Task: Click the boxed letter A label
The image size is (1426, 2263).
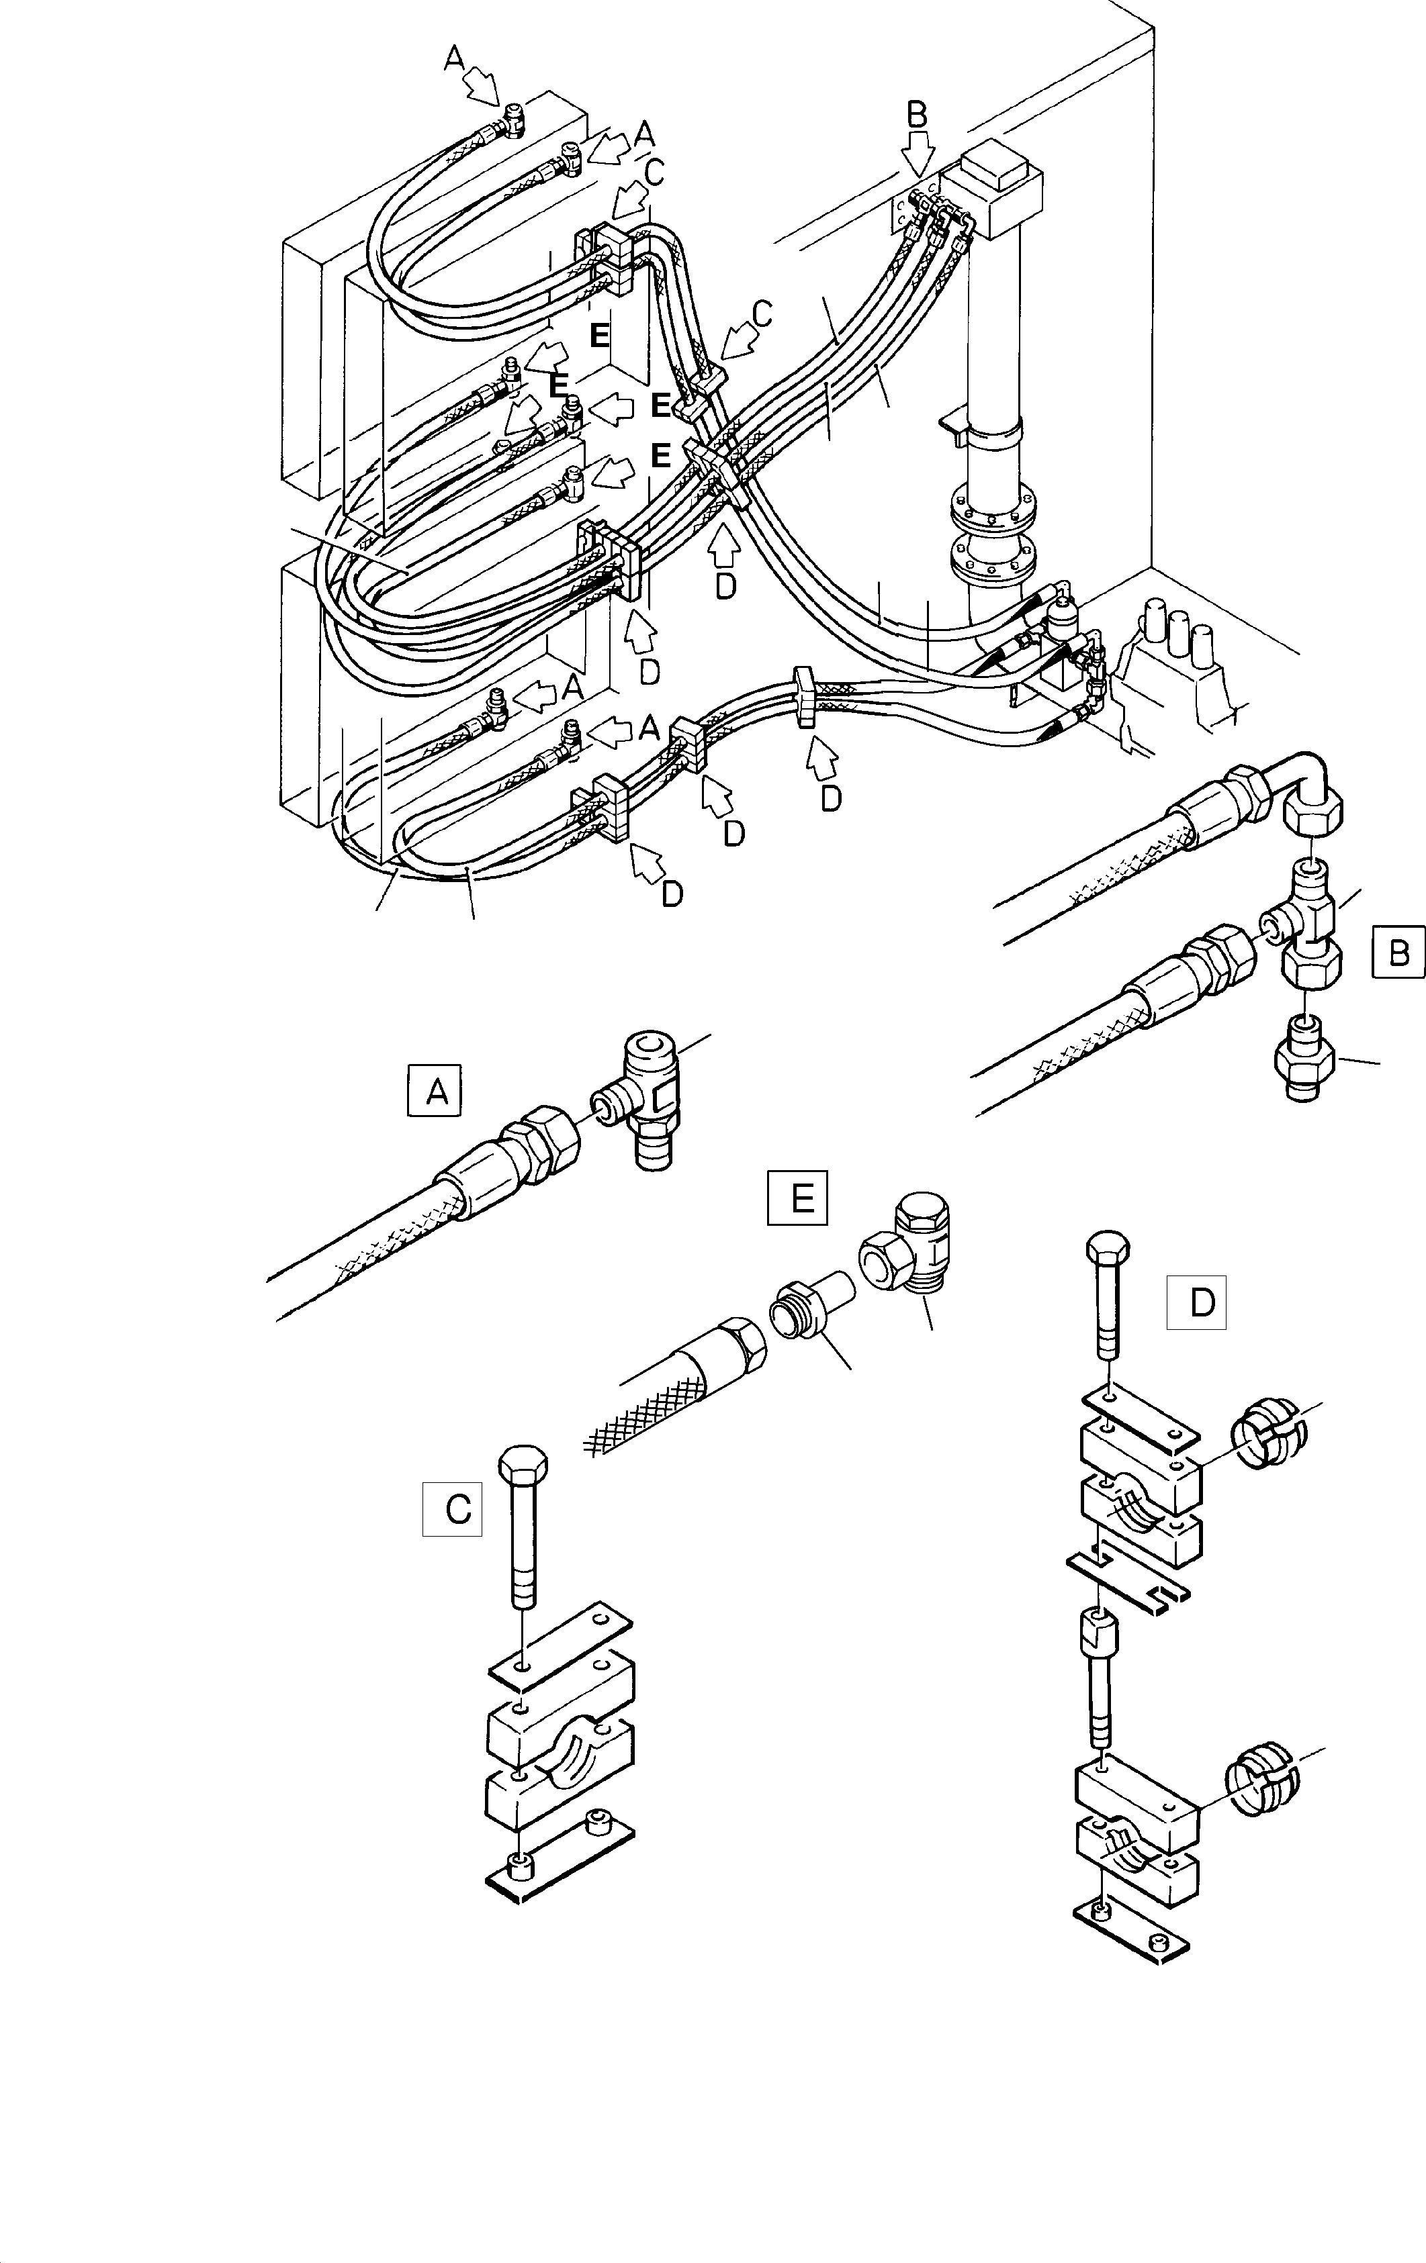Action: point(435,1090)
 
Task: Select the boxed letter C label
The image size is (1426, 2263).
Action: point(452,1508)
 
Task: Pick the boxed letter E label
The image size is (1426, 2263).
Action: point(797,1197)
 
